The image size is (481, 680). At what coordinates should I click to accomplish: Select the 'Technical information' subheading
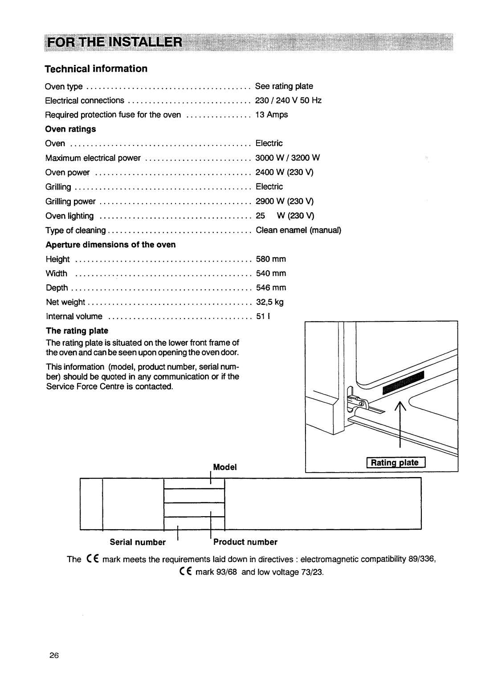coord(96,69)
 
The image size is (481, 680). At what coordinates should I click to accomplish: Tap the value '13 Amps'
coord(271,115)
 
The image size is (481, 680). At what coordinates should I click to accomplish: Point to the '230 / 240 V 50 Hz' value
coord(288,101)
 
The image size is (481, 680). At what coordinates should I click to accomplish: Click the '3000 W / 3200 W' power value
coord(287,158)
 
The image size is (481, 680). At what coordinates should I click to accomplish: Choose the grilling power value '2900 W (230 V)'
coord(285,201)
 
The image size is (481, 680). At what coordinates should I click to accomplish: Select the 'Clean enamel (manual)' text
coord(298,230)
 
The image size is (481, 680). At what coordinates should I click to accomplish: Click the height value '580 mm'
coord(271,259)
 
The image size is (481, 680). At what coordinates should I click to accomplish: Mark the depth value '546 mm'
coord(271,288)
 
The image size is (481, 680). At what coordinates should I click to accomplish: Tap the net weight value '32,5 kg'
coord(269,302)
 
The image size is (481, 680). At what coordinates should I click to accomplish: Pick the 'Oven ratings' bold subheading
coord(71,129)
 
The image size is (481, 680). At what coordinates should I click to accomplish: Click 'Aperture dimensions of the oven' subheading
coord(110,244)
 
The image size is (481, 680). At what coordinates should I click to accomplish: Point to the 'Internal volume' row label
coord(74,316)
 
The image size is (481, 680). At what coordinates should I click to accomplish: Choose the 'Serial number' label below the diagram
coord(138,542)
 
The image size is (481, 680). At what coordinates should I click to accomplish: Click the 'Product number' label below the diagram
coord(245,542)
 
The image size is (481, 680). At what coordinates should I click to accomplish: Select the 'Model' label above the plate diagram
coord(224,467)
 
